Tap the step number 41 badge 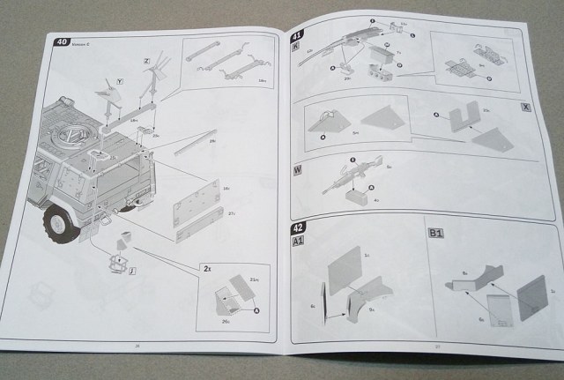click(297, 36)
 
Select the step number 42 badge click(298, 227)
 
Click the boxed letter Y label click(119, 80)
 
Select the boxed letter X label click(525, 107)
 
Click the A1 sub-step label click(298, 241)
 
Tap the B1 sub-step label click(434, 233)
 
